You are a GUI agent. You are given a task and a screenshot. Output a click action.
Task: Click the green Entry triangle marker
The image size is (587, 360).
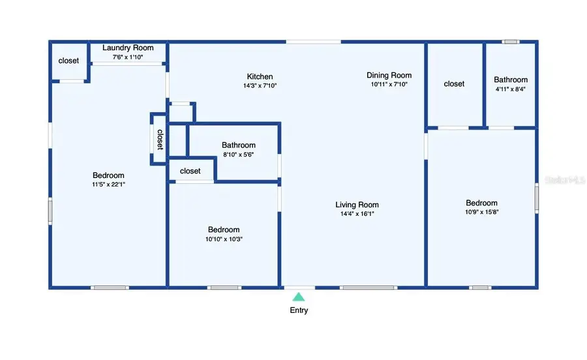pyautogui.click(x=298, y=296)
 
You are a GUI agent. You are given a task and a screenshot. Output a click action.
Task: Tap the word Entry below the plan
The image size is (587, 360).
pyautogui.click(x=299, y=310)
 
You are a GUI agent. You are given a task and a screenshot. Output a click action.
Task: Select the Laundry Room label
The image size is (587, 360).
pyautogui.click(x=128, y=48)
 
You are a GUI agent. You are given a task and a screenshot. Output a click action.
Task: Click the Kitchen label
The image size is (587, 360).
pyautogui.click(x=260, y=76)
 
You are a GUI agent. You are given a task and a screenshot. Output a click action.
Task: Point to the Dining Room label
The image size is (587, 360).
pyautogui.click(x=389, y=75)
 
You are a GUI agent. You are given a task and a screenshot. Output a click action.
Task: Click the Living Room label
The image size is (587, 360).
pyautogui.click(x=357, y=204)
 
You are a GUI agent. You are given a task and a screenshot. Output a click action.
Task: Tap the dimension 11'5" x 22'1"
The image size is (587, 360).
pyautogui.click(x=108, y=185)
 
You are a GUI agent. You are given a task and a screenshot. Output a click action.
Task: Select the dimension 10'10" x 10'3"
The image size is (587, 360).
pyautogui.click(x=224, y=239)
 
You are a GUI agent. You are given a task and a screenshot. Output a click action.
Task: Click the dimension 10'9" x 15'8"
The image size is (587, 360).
pyautogui.click(x=481, y=212)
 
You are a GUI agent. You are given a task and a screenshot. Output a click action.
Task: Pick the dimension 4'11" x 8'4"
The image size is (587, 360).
pyautogui.click(x=511, y=89)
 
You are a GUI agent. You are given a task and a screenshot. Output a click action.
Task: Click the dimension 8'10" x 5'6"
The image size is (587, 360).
pyautogui.click(x=238, y=155)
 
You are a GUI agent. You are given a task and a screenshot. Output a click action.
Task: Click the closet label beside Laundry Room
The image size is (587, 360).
pyautogui.click(x=68, y=61)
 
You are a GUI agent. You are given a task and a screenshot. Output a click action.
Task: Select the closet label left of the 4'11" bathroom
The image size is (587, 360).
pyautogui.click(x=454, y=83)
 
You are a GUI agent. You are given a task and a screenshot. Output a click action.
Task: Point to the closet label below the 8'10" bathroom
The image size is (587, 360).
pyautogui.click(x=190, y=171)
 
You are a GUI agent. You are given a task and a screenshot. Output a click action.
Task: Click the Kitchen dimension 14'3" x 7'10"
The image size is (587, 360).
pyautogui.click(x=260, y=85)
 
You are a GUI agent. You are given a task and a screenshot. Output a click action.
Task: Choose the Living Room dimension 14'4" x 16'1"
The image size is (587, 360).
pyautogui.click(x=357, y=213)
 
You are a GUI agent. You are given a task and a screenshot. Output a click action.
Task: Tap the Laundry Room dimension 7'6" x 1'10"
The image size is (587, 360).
pyautogui.click(x=128, y=57)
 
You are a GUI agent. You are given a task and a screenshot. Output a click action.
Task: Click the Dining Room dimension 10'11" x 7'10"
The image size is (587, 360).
pyautogui.click(x=389, y=84)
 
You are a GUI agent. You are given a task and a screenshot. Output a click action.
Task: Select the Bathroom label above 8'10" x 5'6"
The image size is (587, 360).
pyautogui.click(x=238, y=145)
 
